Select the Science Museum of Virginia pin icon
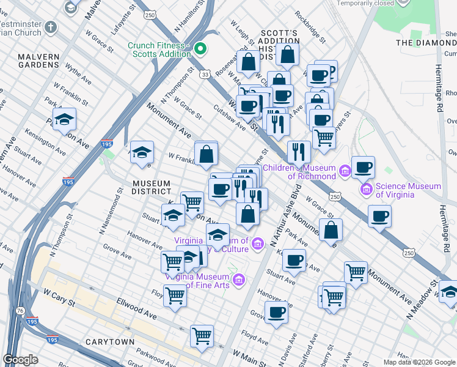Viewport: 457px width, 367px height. (x=367, y=189)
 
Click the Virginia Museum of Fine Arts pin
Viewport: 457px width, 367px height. (x=240, y=281)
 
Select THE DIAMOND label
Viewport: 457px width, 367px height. (x=426, y=42)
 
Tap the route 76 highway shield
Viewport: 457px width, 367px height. (x=22, y=311)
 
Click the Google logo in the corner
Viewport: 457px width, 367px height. (x=21, y=360)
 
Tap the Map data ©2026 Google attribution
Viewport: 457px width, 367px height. (x=419, y=362)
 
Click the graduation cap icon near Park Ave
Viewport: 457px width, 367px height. (x=64, y=120)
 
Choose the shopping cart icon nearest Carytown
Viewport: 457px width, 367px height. (x=202, y=336)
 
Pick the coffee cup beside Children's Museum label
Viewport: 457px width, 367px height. (x=363, y=167)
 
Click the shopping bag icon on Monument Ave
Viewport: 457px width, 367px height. (x=331, y=230)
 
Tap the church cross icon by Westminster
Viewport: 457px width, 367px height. (x=50, y=28)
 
